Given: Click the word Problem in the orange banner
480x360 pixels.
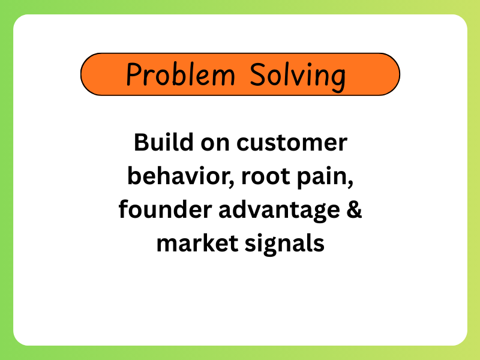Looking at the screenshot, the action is (181, 74).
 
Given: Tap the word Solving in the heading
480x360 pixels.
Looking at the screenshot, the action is (298, 77).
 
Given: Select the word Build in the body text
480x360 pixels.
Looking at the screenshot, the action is (164, 142).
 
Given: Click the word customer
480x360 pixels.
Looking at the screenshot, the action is (292, 143).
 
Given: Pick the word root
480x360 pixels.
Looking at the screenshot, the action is (266, 176).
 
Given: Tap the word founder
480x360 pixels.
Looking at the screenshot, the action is (166, 209).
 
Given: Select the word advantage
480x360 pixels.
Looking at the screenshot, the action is (279, 211).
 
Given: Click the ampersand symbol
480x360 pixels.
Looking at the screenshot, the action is (355, 209).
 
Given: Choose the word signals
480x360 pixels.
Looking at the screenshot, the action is (284, 244).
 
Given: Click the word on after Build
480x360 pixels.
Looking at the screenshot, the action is (215, 143).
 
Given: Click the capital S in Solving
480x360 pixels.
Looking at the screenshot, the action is (257, 74).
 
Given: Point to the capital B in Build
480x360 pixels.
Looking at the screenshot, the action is (142, 142).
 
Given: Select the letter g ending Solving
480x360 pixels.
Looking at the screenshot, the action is (339, 81).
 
